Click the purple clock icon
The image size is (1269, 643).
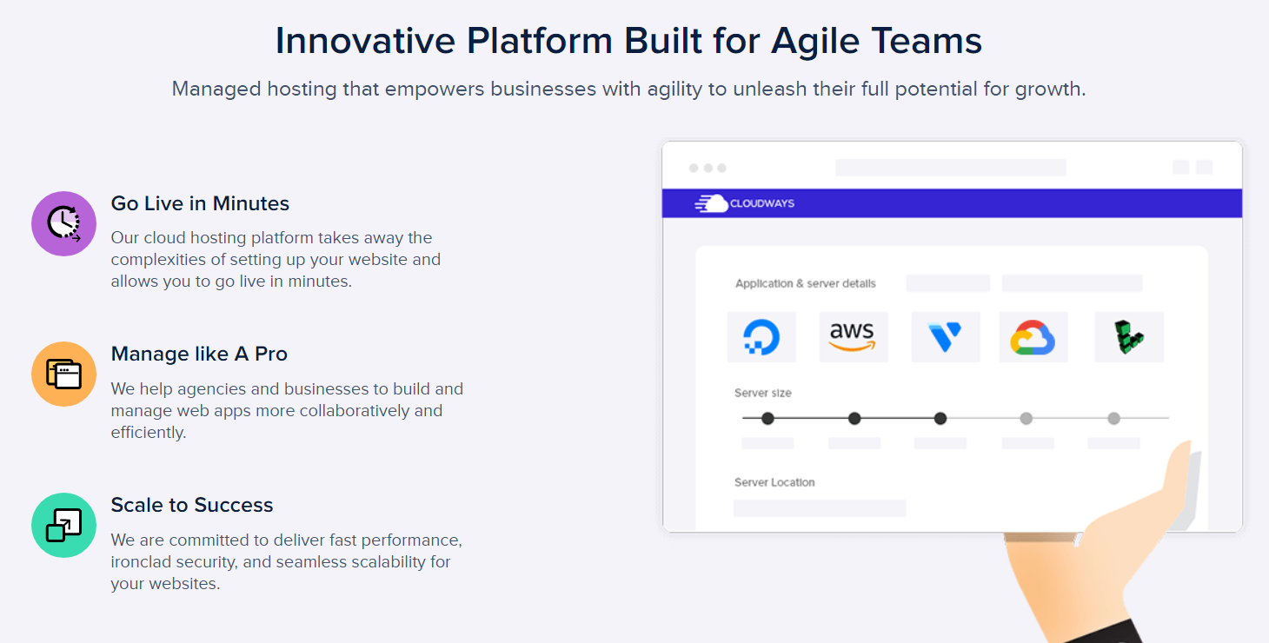coord(63,223)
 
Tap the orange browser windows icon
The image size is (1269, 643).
coord(63,374)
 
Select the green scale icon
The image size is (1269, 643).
coord(63,525)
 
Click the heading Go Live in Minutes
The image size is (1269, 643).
coord(200,203)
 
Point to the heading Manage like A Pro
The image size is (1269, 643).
coord(199,354)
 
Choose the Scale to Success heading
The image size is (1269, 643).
coord(192,505)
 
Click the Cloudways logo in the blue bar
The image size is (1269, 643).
coord(745,203)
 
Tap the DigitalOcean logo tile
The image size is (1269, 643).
coord(761,337)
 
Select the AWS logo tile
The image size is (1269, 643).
coord(853,337)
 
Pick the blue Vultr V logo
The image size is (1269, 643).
coord(945,337)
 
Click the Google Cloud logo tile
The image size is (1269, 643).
coord(1033,337)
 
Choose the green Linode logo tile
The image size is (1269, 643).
coord(1128,337)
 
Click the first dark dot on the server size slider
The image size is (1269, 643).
coord(767,419)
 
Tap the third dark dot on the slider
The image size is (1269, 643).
coord(940,419)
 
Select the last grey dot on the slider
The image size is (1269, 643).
coord(1113,419)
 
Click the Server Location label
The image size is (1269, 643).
coord(774,482)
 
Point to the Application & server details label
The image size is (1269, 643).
coord(806,283)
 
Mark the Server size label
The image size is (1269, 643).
coord(763,393)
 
